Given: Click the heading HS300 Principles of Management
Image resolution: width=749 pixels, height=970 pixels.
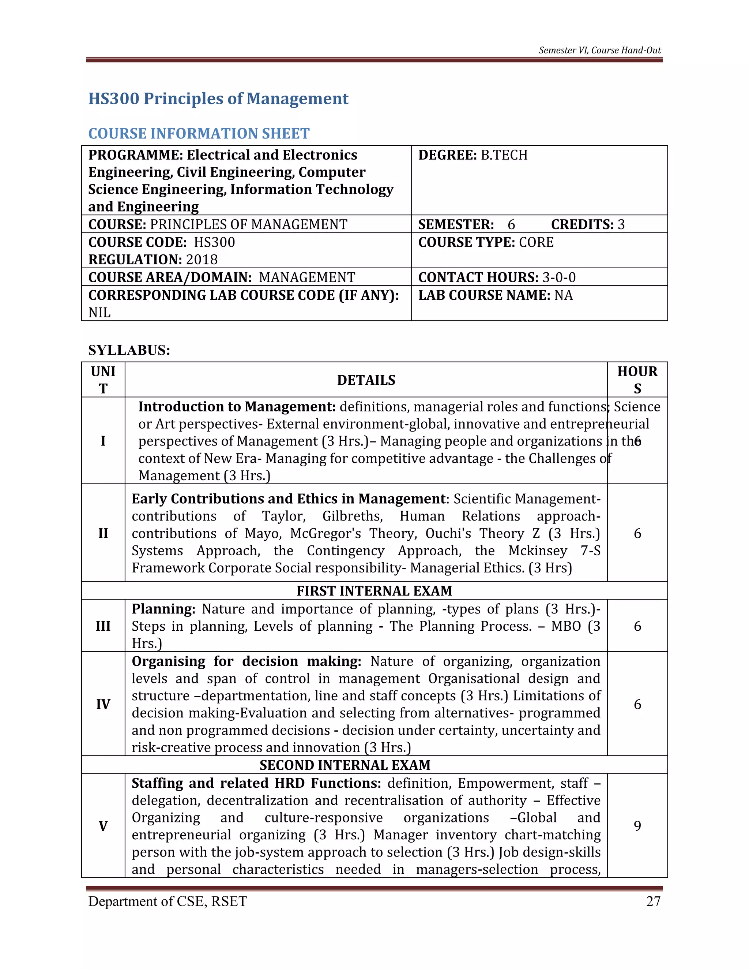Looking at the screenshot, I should click(218, 98).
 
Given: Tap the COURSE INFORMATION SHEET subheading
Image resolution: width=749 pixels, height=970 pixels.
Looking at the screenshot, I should click(199, 133).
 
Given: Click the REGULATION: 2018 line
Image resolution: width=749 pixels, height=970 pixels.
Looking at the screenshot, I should click(153, 260).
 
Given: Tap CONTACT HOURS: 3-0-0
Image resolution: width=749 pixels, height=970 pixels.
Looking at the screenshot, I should click(497, 277).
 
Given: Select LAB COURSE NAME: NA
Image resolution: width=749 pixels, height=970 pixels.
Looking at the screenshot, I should click(495, 295).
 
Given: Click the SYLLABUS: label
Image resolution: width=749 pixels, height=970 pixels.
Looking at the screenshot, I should click(129, 350).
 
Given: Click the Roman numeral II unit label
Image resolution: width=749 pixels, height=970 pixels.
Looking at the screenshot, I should click(103, 533).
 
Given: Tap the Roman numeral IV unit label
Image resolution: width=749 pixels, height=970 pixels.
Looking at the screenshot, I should click(103, 704).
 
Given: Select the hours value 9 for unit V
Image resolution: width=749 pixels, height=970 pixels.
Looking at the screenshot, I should click(637, 826).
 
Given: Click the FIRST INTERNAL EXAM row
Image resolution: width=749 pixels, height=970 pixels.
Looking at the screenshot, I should click(374, 591).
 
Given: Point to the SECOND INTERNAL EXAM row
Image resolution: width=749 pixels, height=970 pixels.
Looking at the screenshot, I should click(345, 765).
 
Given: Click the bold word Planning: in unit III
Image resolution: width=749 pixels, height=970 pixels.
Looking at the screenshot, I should click(163, 609).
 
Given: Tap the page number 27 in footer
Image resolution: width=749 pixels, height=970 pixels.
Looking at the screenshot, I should click(653, 901).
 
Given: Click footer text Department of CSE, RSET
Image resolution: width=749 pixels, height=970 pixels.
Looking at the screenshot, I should click(167, 901).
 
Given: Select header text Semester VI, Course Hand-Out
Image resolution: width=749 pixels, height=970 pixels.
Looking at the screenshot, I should click(599, 50).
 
